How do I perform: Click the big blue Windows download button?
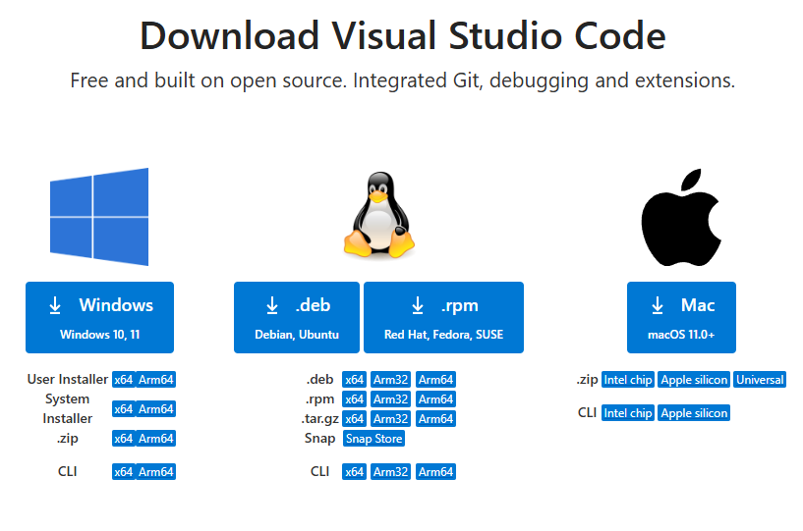(99, 317)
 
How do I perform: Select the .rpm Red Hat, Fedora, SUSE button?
(443, 317)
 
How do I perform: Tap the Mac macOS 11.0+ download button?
(681, 317)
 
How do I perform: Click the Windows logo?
(99, 217)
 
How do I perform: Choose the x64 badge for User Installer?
(123, 380)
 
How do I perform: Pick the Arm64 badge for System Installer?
(156, 409)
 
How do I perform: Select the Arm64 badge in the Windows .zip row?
(156, 439)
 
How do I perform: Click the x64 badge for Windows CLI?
(123, 472)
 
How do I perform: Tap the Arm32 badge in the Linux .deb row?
(390, 380)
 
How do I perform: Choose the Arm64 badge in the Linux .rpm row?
(435, 399)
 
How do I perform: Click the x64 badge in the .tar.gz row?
(354, 419)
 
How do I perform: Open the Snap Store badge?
(373, 439)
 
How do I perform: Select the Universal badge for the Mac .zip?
(760, 380)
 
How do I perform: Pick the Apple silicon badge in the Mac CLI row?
(694, 413)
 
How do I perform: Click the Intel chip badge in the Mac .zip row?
(628, 380)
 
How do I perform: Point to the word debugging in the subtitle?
(550, 80)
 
